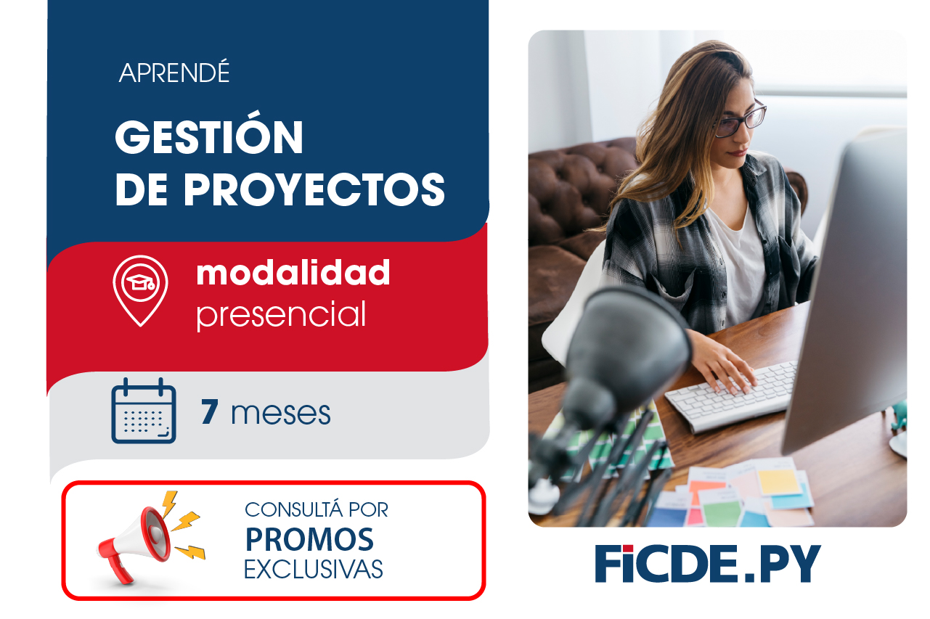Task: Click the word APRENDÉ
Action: [x=174, y=73]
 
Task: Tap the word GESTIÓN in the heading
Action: [x=209, y=137]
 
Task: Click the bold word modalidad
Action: [x=293, y=273]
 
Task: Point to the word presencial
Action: [x=281, y=314]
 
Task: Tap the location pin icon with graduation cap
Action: [x=140, y=288]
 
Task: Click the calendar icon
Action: [x=144, y=411]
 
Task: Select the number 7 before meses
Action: [x=210, y=413]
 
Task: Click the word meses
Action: [x=281, y=414]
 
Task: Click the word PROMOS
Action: [x=309, y=539]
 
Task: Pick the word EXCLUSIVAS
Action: [x=313, y=570]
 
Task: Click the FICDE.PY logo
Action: [x=708, y=563]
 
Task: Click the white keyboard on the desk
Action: [x=732, y=396]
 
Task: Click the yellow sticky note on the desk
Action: [x=778, y=481]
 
